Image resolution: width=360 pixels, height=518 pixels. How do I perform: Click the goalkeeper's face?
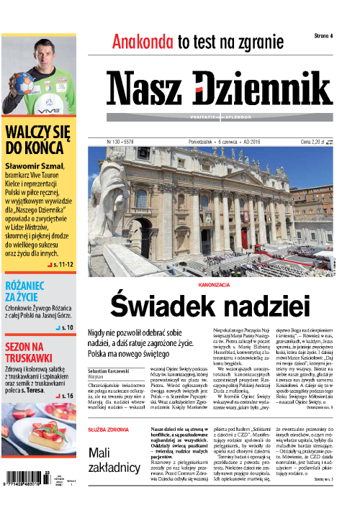pyautogui.click(x=43, y=38)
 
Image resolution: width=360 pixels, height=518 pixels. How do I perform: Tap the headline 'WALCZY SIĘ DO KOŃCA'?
pyautogui.click(x=36, y=142)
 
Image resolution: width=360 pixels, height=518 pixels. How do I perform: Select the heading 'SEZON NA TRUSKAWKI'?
pyautogui.click(x=30, y=350)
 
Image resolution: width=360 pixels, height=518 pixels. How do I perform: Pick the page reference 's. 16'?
pyautogui.click(x=68, y=396)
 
